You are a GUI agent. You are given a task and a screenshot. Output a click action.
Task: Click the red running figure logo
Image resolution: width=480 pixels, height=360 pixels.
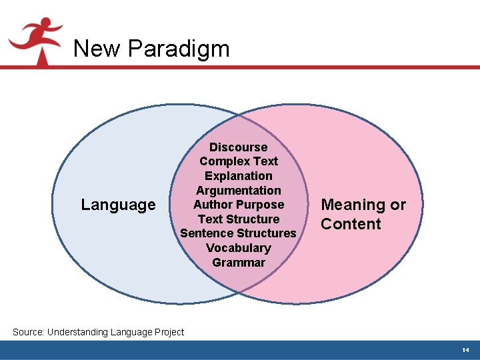click(37, 40)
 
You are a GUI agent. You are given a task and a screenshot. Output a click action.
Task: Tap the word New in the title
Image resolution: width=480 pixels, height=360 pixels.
click(97, 49)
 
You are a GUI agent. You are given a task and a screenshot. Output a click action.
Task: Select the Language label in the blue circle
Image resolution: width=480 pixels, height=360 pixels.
click(118, 205)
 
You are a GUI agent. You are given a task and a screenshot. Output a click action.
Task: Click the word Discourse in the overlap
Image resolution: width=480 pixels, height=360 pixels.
click(238, 147)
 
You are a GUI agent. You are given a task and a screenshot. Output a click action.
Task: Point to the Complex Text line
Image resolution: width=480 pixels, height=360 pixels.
click(238, 161)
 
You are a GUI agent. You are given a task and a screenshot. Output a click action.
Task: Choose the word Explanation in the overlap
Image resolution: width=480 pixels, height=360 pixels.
click(238, 176)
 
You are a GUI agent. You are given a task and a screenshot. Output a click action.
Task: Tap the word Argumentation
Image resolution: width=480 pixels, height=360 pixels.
click(238, 191)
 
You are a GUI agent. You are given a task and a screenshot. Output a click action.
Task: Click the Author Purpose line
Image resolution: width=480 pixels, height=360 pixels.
click(238, 205)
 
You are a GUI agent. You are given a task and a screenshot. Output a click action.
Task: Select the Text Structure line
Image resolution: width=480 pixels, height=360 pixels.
click(238, 219)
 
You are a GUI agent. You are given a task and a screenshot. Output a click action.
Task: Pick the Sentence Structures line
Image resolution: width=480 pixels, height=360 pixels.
click(238, 233)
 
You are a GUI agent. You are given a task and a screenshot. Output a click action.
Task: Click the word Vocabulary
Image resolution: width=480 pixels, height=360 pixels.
click(238, 248)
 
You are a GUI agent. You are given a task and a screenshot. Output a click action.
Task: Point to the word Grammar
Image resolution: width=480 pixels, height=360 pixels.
click(238, 263)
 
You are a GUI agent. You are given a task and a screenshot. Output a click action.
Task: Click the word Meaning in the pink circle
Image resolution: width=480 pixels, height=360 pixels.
click(354, 205)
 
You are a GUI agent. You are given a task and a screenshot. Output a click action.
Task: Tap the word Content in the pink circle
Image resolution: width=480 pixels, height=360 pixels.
click(351, 224)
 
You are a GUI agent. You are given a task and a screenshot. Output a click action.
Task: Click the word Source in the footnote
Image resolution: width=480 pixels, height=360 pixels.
click(28, 332)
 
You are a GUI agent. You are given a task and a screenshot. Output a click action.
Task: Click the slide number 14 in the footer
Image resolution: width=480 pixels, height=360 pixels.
click(465, 350)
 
